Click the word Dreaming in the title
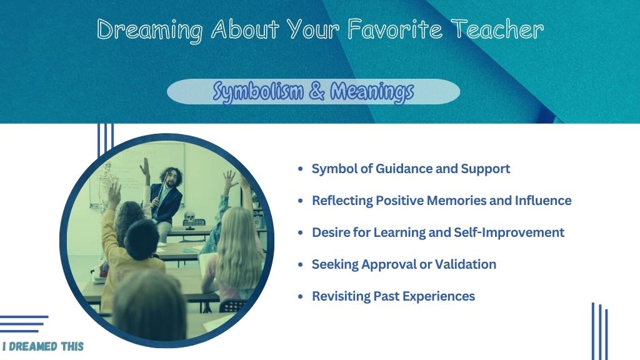click(150, 30)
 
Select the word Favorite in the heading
click(395, 29)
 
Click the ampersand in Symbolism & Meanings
click(316, 91)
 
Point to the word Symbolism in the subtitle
click(258, 91)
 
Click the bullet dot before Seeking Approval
click(301, 264)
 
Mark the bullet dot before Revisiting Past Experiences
click(301, 296)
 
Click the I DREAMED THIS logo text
click(43, 346)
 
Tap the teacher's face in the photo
click(172, 179)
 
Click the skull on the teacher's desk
click(189, 216)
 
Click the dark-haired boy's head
click(141, 239)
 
